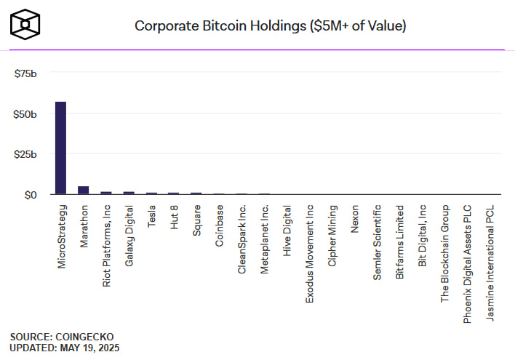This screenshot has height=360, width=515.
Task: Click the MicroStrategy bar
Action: [60, 148]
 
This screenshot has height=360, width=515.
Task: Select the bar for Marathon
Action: [83, 191]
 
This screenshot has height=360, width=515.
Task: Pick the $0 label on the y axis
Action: [30, 195]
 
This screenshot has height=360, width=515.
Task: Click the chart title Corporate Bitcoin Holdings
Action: [270, 25]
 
